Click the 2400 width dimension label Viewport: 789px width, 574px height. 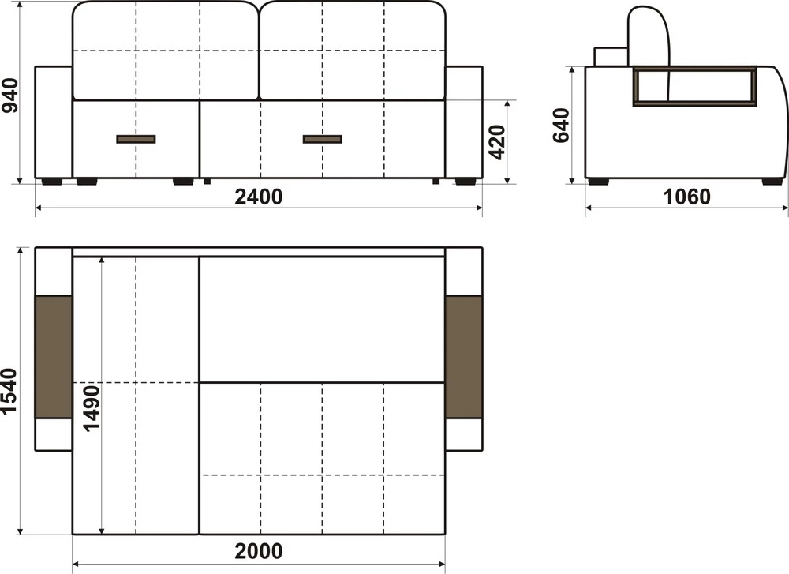[259, 197]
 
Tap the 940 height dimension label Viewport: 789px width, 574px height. [9, 96]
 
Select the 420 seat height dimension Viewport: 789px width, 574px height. [496, 142]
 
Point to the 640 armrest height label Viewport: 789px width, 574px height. [560, 126]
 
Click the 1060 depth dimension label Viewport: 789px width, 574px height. [687, 197]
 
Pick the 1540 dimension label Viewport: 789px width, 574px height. [9, 392]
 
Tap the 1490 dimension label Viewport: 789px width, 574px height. [91, 408]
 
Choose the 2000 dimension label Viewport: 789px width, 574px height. [259, 551]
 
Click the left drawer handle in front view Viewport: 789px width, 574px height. [136, 139]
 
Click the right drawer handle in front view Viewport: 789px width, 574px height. [323, 139]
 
